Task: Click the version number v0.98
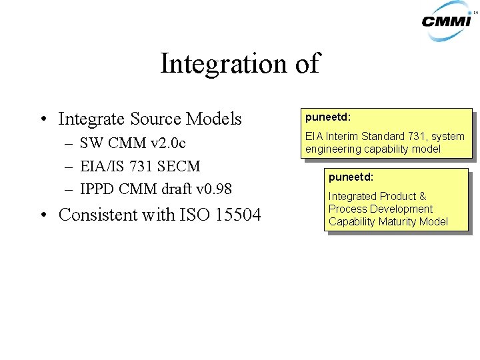215,189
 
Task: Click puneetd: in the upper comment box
328,117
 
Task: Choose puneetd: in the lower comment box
351,177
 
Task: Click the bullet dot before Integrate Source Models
42,120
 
